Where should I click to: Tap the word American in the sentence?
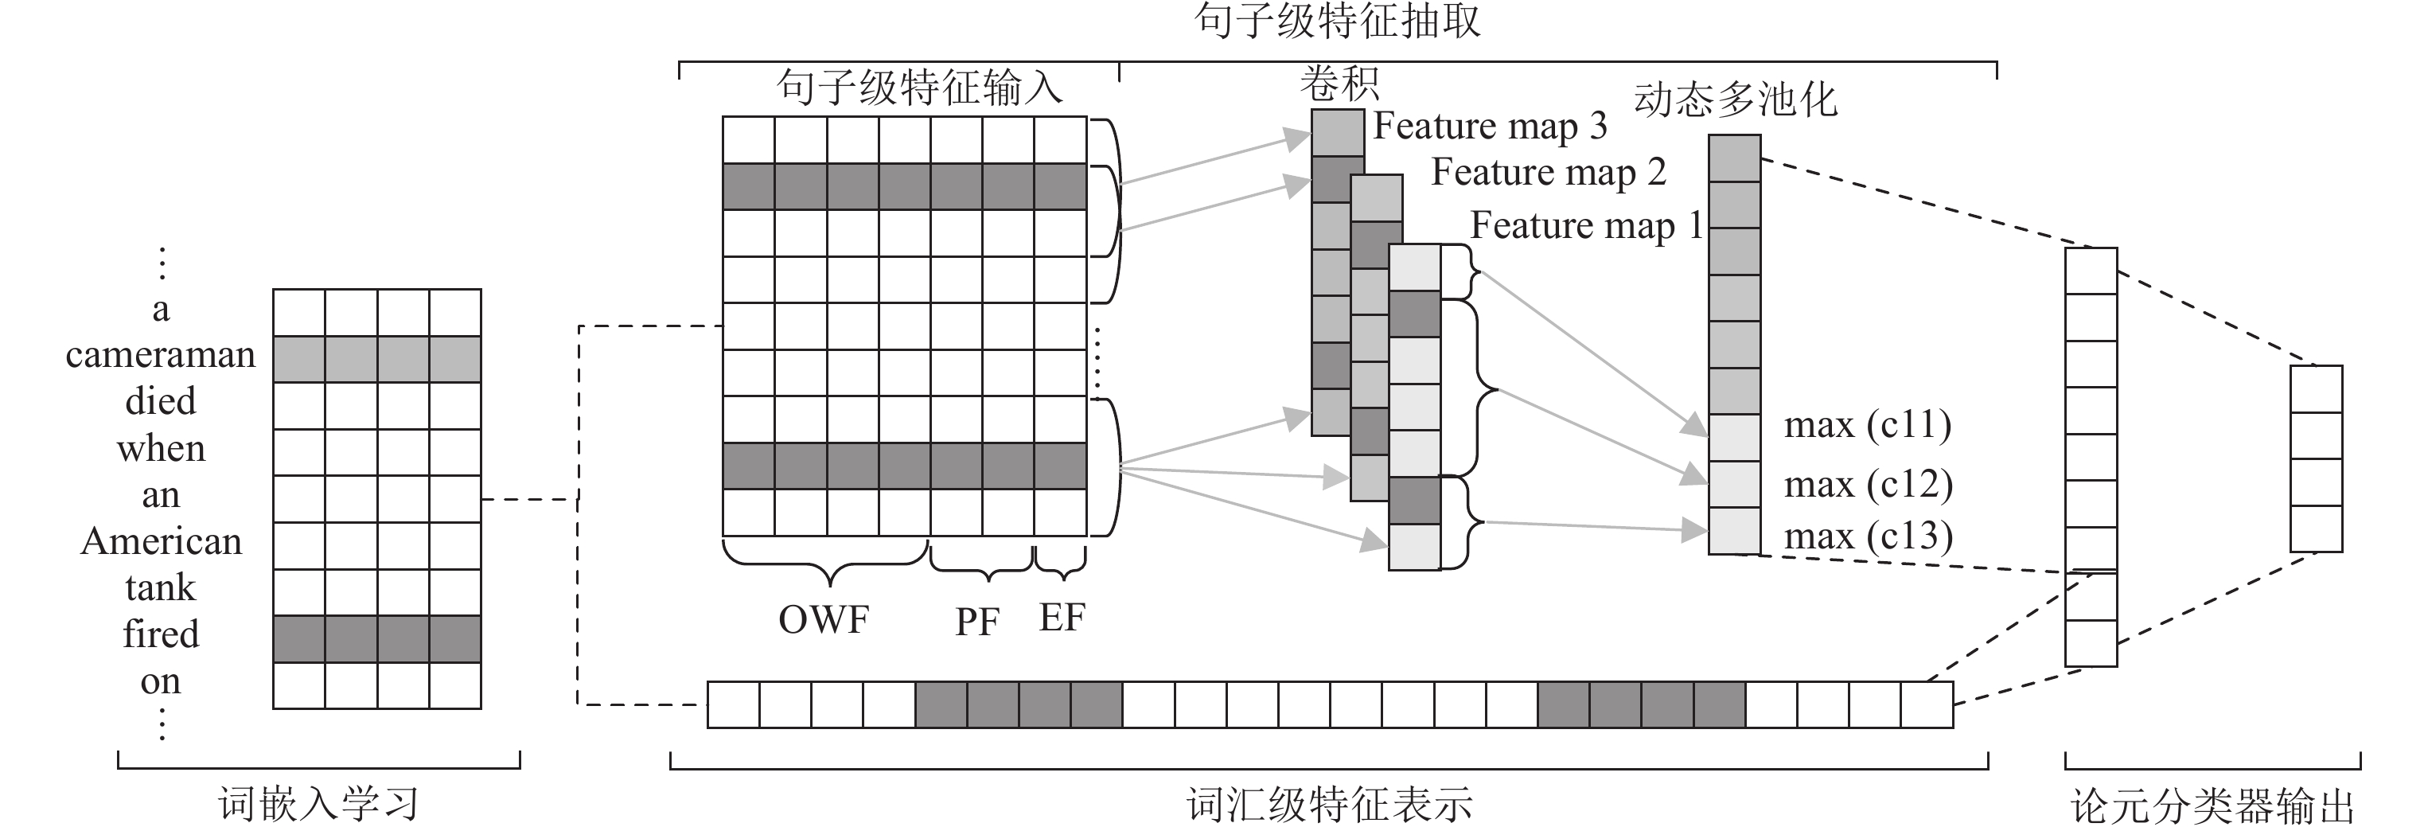(x=162, y=542)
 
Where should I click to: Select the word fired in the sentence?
(x=162, y=634)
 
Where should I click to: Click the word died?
(x=162, y=402)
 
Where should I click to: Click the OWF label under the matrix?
(x=824, y=619)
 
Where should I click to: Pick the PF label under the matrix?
(x=976, y=622)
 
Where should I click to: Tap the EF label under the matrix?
(x=1062, y=618)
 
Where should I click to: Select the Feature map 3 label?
(x=1489, y=127)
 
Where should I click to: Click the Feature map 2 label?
(x=1549, y=173)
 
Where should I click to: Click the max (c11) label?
(x=1867, y=425)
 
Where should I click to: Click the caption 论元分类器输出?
(x=2212, y=807)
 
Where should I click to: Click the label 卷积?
(x=1339, y=84)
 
